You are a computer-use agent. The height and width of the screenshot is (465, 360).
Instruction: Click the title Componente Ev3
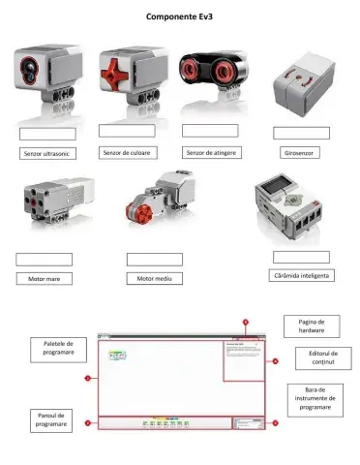tap(180, 16)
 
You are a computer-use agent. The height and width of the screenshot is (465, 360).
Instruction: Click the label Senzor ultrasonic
tap(46, 153)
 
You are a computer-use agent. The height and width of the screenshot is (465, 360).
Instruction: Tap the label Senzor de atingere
tap(211, 152)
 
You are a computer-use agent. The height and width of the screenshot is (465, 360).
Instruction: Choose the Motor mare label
tap(44, 279)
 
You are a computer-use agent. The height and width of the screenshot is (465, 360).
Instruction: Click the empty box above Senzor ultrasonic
tap(46, 134)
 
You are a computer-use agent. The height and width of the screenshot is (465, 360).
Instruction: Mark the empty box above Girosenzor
tap(301, 133)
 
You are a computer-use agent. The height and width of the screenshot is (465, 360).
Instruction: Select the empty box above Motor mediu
tap(155, 259)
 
